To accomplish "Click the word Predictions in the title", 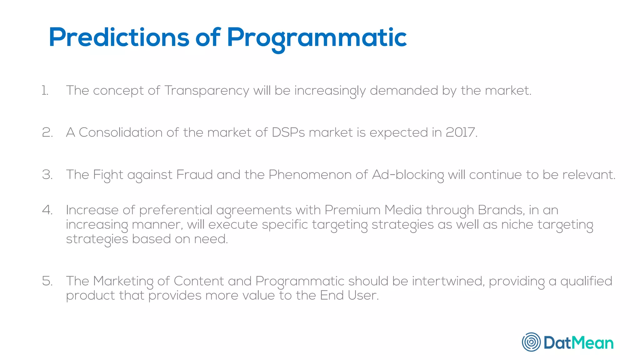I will (x=119, y=38).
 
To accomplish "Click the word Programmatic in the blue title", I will (x=317, y=38).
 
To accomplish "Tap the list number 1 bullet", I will (x=45, y=91).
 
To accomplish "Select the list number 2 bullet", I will (x=47, y=132).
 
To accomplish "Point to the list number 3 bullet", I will (x=47, y=175).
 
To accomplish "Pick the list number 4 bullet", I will (x=47, y=210).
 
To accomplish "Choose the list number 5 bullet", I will (x=47, y=281).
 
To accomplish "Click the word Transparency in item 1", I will (x=207, y=91).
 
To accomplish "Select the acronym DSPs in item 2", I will (x=288, y=132).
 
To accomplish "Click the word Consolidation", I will (x=120, y=132).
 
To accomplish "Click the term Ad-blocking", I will (x=408, y=175).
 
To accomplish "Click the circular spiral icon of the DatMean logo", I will (x=531, y=342).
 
